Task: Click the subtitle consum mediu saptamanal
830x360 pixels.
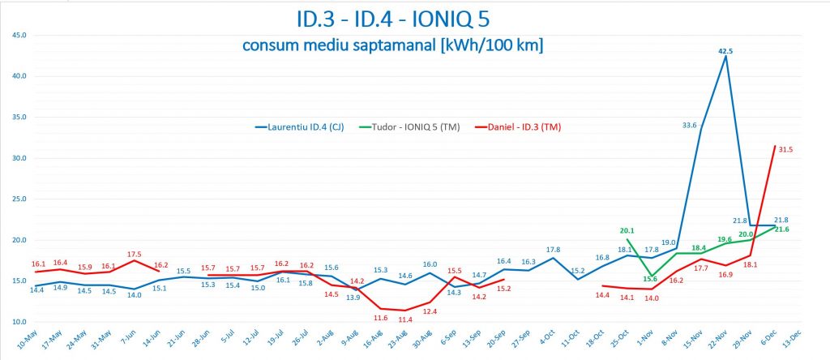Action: point(392,45)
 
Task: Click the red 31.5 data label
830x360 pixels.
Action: point(785,148)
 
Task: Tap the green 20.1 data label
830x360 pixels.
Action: point(627,230)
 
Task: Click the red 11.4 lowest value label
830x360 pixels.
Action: point(404,319)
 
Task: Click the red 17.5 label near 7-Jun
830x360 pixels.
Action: point(135,254)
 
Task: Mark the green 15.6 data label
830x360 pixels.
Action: point(649,278)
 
